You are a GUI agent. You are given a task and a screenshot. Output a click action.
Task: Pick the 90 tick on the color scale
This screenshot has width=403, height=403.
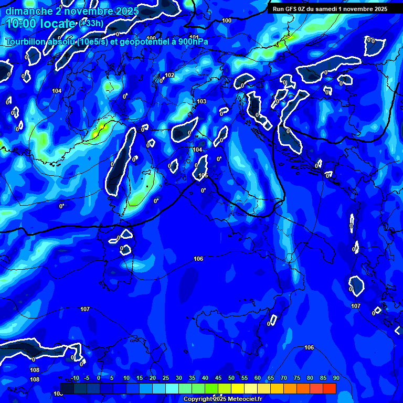click(x=336, y=378)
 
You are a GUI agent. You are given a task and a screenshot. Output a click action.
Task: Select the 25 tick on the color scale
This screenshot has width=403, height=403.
click(x=166, y=378)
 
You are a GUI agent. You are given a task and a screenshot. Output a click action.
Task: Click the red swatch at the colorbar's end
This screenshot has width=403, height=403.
click(x=330, y=388)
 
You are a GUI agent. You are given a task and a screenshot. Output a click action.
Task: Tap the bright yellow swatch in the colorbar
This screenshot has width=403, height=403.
click(x=238, y=388)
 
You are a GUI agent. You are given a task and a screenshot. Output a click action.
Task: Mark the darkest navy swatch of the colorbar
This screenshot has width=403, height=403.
click(x=67, y=388)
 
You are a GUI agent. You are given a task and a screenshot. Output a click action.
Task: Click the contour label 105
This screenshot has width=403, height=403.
click(x=203, y=176)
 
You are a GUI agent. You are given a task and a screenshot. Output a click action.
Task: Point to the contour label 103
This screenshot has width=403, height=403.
click(x=201, y=101)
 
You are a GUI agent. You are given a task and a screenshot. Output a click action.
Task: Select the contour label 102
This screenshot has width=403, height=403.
click(x=169, y=76)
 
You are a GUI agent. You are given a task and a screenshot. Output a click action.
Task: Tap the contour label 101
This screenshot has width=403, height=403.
click(x=194, y=37)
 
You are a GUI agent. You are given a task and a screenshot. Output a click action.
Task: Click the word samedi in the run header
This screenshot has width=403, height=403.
click(x=326, y=9)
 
